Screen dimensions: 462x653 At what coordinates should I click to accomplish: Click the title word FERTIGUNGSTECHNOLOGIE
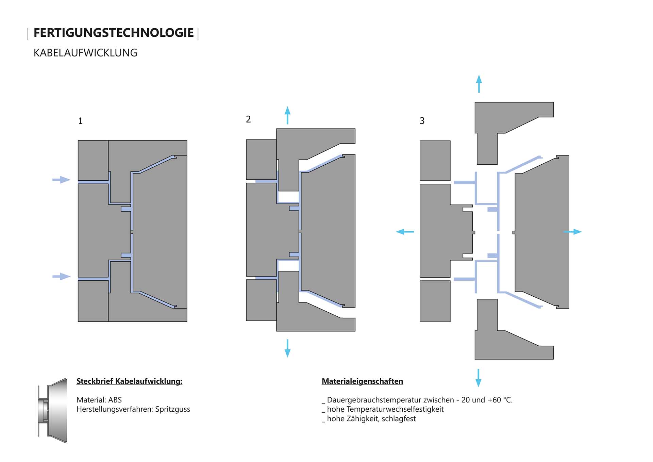(113, 33)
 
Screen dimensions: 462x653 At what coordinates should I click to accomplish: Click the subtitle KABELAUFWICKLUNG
(85, 53)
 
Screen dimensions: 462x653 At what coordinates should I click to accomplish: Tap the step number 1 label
(80, 121)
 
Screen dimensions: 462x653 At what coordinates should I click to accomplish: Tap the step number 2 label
(248, 119)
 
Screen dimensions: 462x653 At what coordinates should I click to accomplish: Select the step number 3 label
(422, 121)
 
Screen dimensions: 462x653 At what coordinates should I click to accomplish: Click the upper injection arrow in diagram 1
(61, 180)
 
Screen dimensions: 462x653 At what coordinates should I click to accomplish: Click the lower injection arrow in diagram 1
(61, 276)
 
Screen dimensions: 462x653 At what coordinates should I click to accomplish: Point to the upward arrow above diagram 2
(287, 115)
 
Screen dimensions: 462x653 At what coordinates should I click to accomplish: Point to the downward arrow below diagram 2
(287, 348)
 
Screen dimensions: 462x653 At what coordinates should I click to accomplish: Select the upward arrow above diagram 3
(479, 84)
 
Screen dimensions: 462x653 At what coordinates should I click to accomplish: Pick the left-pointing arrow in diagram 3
(405, 232)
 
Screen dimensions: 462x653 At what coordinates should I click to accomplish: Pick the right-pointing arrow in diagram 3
(573, 232)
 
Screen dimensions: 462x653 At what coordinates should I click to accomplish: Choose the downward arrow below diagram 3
(478, 378)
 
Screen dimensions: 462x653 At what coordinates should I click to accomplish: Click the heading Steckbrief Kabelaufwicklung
(129, 381)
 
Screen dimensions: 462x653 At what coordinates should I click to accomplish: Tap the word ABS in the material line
(115, 400)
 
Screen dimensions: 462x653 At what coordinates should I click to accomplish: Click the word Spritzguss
(172, 409)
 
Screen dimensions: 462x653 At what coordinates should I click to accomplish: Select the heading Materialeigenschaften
(362, 381)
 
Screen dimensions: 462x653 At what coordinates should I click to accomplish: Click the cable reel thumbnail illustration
(53, 410)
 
